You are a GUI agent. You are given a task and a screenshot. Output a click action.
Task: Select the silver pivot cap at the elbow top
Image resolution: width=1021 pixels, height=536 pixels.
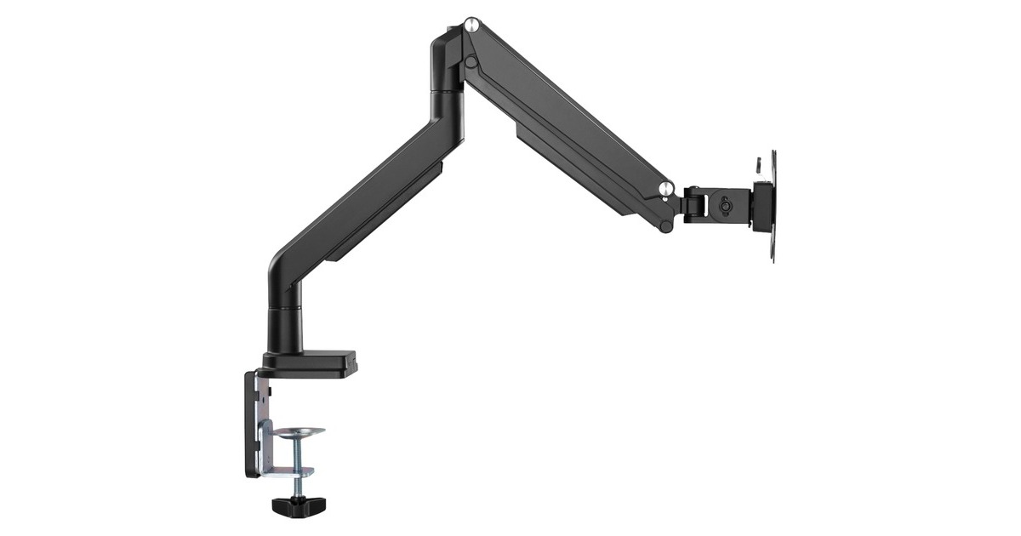[x=471, y=24]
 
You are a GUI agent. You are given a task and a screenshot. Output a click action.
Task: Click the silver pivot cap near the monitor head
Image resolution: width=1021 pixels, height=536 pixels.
[x=667, y=187]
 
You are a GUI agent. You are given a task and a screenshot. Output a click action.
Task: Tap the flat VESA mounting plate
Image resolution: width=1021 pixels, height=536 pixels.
[x=773, y=205]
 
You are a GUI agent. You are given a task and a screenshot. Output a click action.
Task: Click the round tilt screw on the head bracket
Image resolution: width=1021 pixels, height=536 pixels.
[x=723, y=205]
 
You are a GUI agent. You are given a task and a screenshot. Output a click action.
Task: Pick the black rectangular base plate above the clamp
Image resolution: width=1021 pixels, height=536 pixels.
[x=311, y=362]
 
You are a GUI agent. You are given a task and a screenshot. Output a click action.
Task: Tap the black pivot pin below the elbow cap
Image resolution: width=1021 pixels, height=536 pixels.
[x=471, y=61]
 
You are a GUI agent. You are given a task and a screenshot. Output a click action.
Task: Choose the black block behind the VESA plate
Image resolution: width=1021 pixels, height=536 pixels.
[x=760, y=206]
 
